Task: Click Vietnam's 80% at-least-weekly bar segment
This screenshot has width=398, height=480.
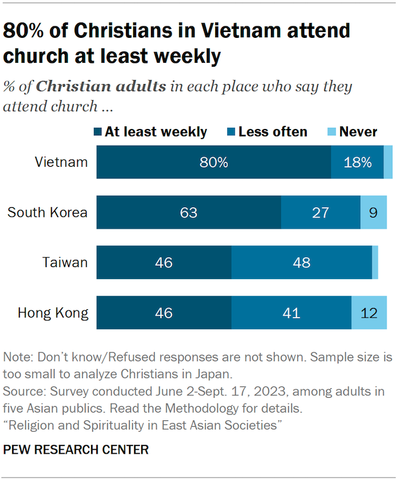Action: click(x=214, y=162)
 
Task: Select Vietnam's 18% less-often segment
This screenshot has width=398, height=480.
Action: click(x=357, y=162)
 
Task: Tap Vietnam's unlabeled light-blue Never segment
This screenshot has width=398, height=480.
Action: click(x=388, y=162)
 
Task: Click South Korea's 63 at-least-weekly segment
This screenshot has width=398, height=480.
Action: click(x=189, y=212)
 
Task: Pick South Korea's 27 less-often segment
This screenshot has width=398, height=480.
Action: click(x=320, y=212)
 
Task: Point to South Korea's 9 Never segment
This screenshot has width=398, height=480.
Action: click(x=374, y=212)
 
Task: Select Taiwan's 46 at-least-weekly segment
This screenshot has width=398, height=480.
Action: click(x=164, y=262)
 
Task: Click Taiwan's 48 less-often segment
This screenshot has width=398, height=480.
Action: click(x=301, y=262)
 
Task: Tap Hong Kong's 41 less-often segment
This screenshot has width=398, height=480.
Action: click(x=291, y=313)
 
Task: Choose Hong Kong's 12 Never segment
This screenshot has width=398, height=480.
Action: click(x=369, y=313)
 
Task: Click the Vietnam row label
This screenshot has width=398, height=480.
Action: click(x=61, y=162)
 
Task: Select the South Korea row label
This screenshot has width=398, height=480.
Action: click(x=48, y=212)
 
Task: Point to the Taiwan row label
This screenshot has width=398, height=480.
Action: click(x=65, y=262)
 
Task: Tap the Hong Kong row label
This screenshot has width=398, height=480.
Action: click(x=53, y=313)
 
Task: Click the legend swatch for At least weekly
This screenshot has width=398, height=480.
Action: click(x=98, y=132)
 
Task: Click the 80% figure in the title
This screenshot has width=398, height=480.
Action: click(x=26, y=31)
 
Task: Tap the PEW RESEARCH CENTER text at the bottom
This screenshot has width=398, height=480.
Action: click(x=76, y=450)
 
